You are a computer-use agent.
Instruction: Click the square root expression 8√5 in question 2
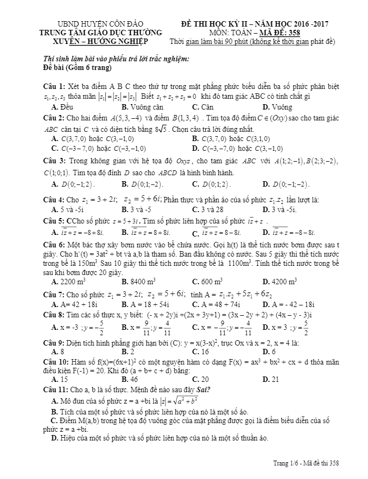coord(163,129)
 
